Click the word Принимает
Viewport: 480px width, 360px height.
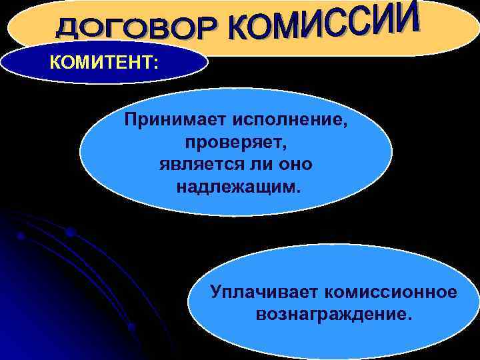[x=174, y=121]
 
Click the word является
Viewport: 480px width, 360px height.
[x=195, y=164]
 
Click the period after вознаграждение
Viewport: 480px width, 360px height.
[x=409, y=317]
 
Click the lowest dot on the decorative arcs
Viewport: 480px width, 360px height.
[x=131, y=327]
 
